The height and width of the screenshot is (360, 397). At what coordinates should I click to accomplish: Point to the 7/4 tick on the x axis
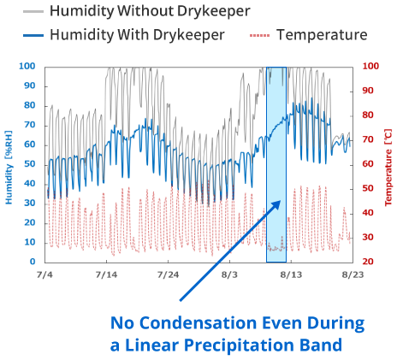(x=44, y=274)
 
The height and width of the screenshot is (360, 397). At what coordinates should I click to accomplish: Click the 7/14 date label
(x=106, y=274)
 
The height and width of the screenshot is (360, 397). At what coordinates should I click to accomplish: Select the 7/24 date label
(x=168, y=274)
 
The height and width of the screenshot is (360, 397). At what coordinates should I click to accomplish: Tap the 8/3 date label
(x=229, y=274)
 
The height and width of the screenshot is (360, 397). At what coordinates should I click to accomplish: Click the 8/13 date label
(x=291, y=274)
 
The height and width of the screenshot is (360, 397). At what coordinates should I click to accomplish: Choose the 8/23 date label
(x=353, y=274)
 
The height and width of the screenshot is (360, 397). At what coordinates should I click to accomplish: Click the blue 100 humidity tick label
(x=27, y=67)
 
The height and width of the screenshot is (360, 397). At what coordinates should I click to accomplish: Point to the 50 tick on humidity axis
(x=30, y=164)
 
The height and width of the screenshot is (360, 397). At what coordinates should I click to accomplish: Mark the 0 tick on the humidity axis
(x=33, y=262)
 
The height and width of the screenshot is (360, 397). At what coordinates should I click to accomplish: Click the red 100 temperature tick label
(x=370, y=67)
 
